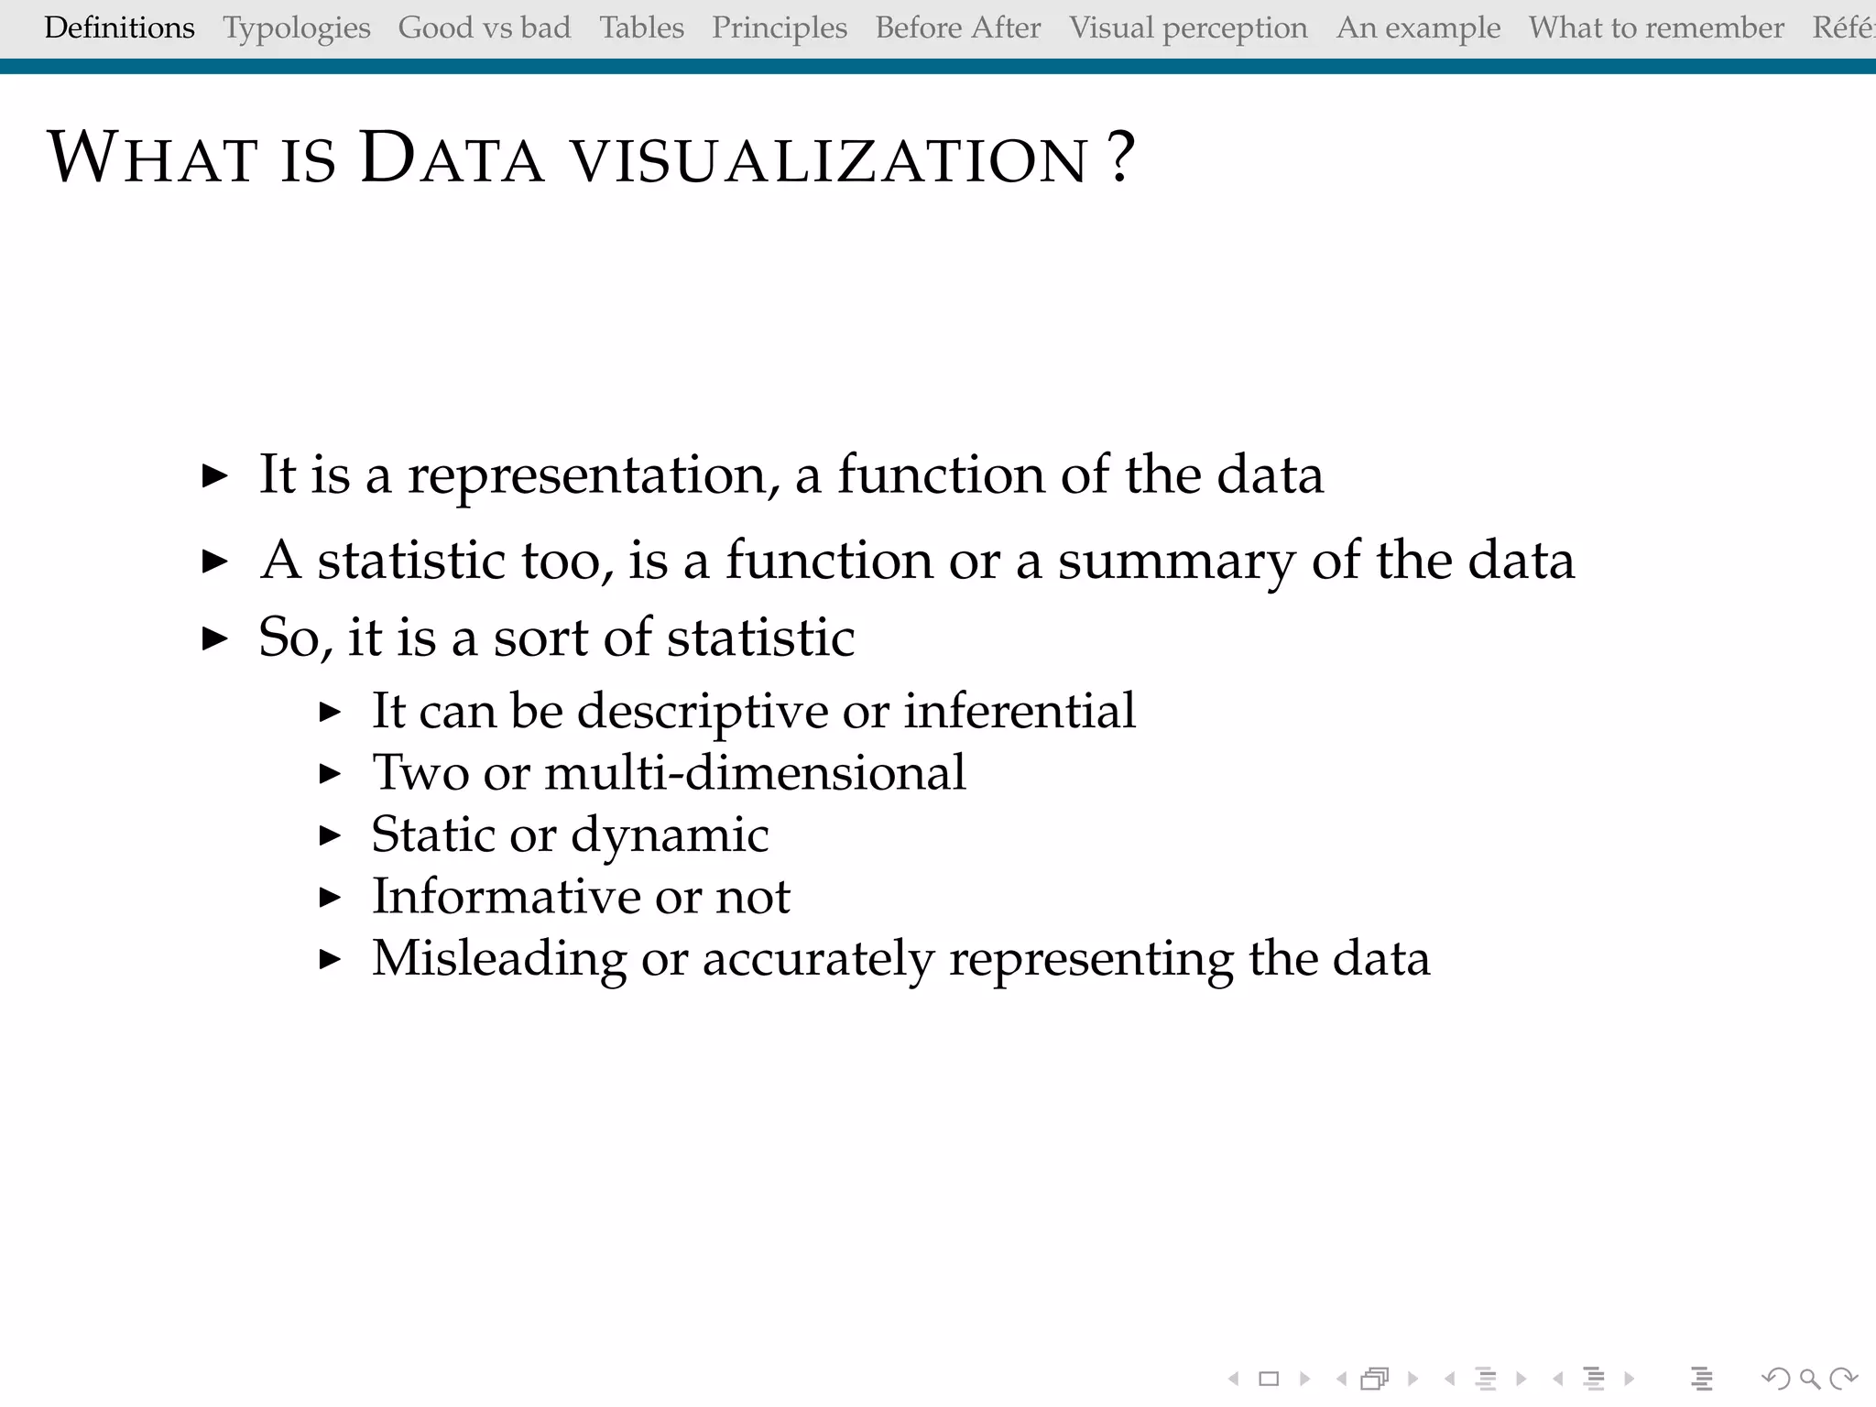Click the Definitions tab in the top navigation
coord(119,28)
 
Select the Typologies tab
coord(297,28)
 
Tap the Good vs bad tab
coord(484,28)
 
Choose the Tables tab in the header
coord(641,28)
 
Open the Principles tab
coord(780,28)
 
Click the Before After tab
coord(958,28)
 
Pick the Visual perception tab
coord(1188,28)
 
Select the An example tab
coord(1418,28)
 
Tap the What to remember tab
coord(1656,28)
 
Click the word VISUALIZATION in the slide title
coord(830,160)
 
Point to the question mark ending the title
coord(1120,158)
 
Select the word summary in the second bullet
coord(1176,561)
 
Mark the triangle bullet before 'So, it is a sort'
coord(214,638)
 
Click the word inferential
coord(1019,711)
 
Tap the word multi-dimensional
coord(755,772)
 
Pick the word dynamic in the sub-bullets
coord(669,835)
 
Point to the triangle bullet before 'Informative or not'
coord(330,897)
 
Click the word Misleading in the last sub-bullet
coord(499,959)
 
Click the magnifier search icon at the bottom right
coord(1809,1379)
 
